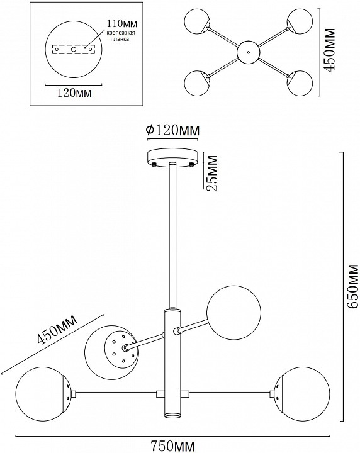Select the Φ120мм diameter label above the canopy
[172, 130]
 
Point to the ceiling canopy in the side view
[172, 157]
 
